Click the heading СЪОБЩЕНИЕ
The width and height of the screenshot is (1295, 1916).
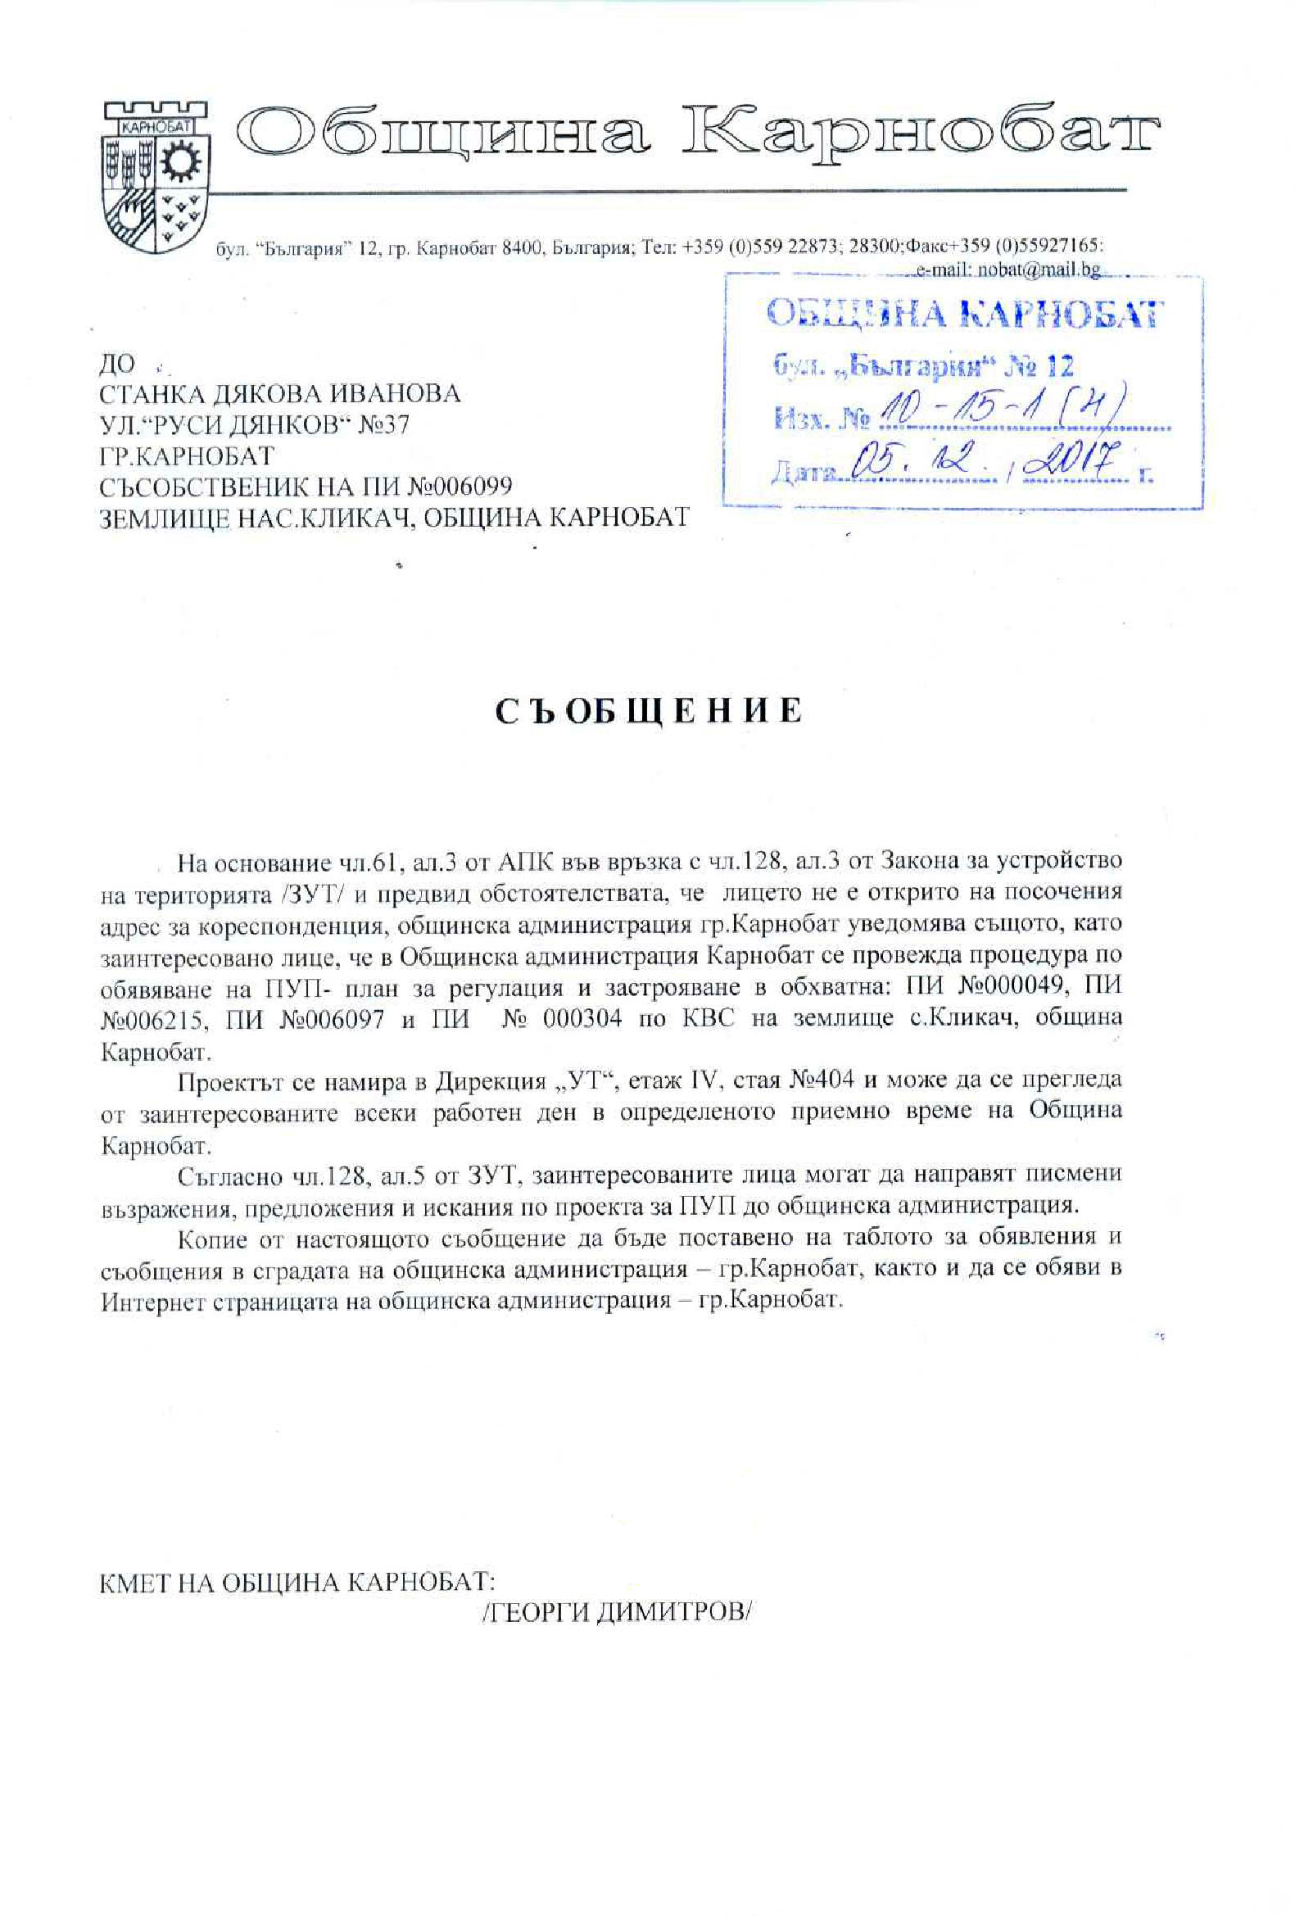[x=648, y=712]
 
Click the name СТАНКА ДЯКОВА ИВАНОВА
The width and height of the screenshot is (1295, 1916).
[x=279, y=393]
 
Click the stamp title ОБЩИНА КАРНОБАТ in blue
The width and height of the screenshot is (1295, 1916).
[x=962, y=314]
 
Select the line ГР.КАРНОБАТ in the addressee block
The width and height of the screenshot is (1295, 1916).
[x=186, y=455]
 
